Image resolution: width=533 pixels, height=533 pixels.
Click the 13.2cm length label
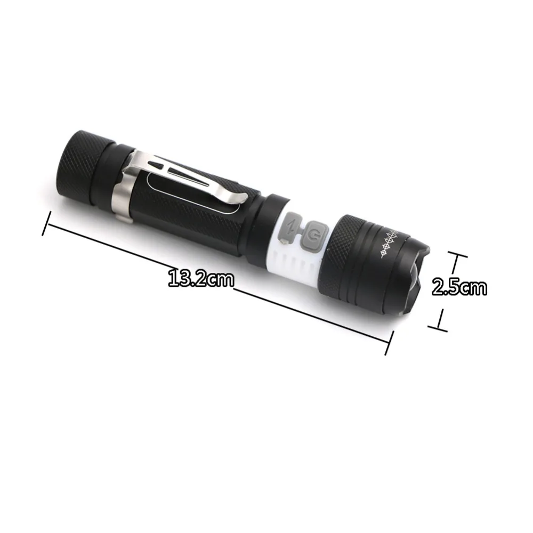(x=201, y=279)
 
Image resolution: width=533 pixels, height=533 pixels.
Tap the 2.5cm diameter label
(x=459, y=288)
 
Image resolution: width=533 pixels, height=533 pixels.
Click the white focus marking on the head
(x=390, y=243)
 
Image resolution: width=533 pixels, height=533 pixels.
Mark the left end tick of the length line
(x=46, y=223)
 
